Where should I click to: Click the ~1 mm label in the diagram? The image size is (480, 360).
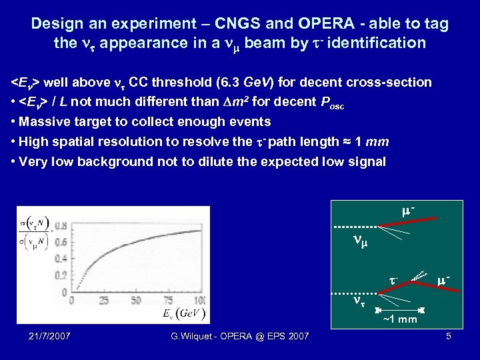[x=399, y=319]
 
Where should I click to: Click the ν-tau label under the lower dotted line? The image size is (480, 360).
[x=359, y=301]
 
